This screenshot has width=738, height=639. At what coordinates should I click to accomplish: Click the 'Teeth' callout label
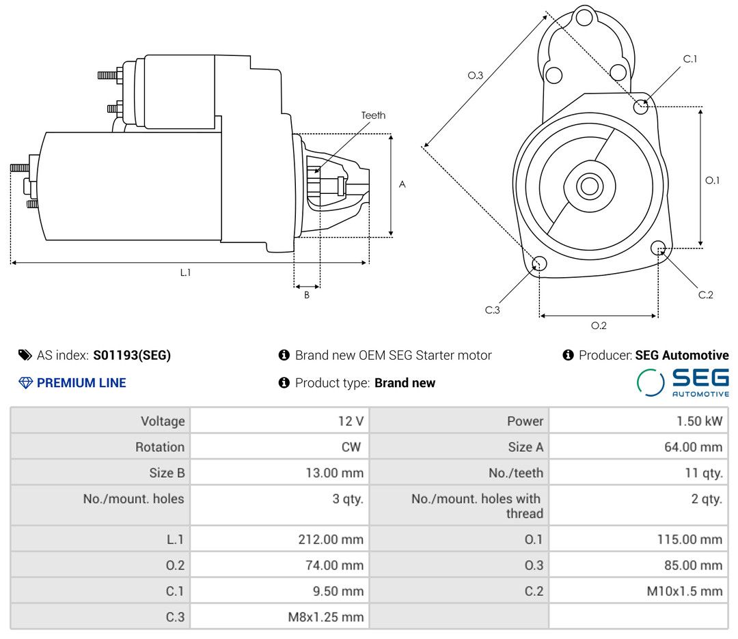[373, 115]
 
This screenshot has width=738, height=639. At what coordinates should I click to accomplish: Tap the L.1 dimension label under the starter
[185, 272]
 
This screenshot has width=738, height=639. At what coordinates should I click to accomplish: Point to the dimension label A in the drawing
[402, 184]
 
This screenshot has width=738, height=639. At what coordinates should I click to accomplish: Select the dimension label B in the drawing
[307, 296]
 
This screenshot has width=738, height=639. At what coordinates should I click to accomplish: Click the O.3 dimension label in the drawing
[476, 76]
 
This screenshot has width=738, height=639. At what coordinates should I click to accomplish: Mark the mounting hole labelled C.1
[641, 106]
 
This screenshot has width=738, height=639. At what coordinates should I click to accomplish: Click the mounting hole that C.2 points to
[659, 247]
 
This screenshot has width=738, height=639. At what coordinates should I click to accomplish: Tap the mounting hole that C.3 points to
[539, 264]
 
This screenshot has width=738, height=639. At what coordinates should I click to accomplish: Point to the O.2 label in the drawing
[599, 326]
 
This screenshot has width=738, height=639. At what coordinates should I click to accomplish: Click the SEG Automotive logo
[683, 382]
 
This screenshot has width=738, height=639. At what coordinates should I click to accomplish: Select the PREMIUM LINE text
[81, 383]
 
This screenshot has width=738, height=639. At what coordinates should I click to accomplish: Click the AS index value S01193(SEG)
[132, 355]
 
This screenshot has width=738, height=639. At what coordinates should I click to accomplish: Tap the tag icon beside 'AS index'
[25, 355]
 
